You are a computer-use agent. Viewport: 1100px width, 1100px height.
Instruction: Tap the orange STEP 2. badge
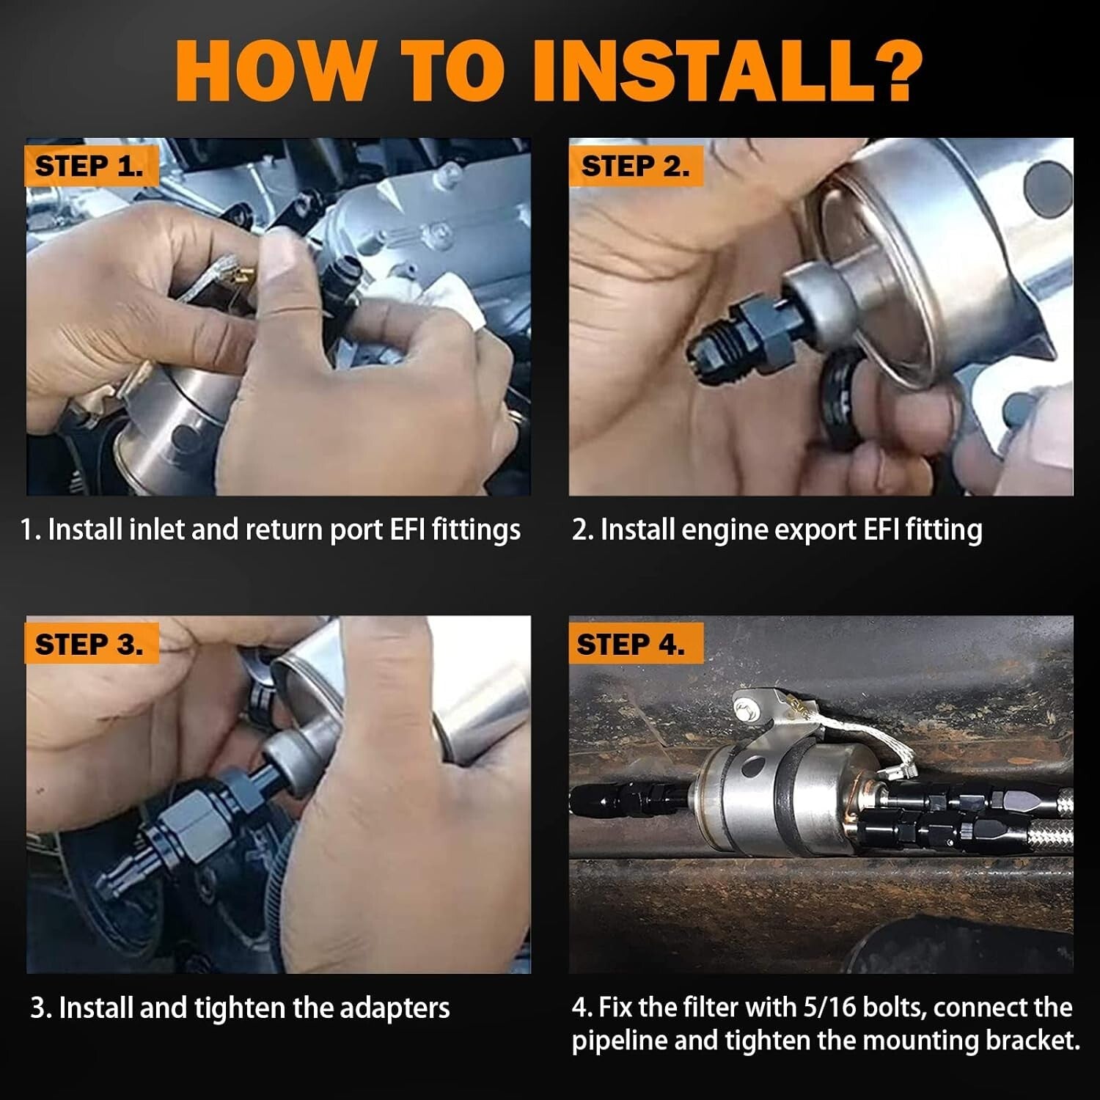tap(635, 166)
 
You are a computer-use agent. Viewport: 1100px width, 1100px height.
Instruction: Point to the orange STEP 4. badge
tap(631, 644)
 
